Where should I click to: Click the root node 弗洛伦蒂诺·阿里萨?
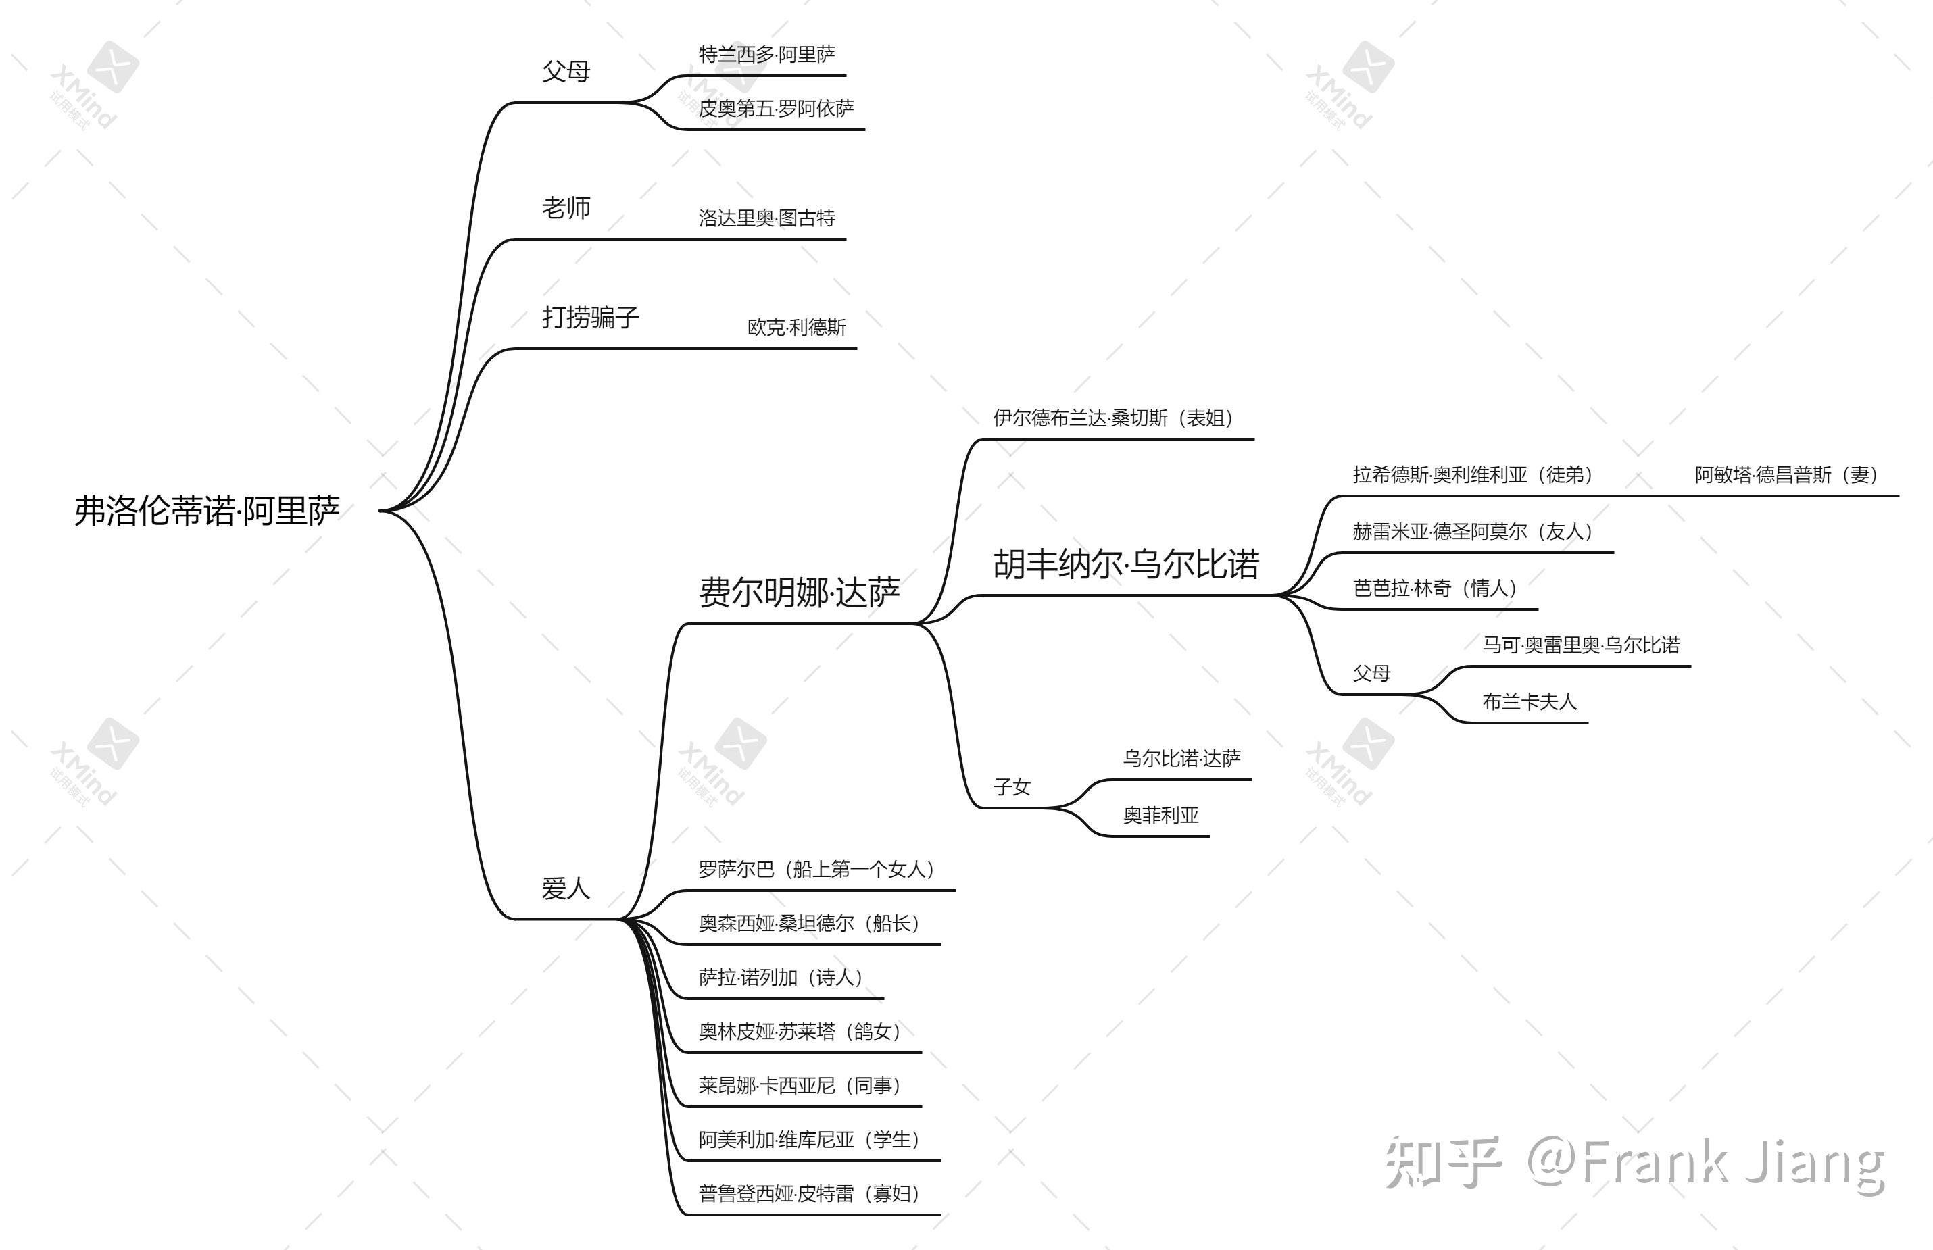[207, 511]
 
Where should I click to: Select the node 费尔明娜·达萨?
[799, 593]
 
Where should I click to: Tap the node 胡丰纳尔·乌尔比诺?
[1125, 564]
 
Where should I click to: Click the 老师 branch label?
[566, 209]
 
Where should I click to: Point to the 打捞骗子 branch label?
[590, 318]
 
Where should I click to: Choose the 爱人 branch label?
[566, 888]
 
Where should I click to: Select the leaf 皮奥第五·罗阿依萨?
[776, 109]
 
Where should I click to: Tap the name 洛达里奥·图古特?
[766, 218]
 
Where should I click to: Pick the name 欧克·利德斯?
[796, 328]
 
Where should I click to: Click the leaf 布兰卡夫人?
[1530, 702]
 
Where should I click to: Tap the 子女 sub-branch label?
[1012, 787]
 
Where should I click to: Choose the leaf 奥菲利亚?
[1161, 816]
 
